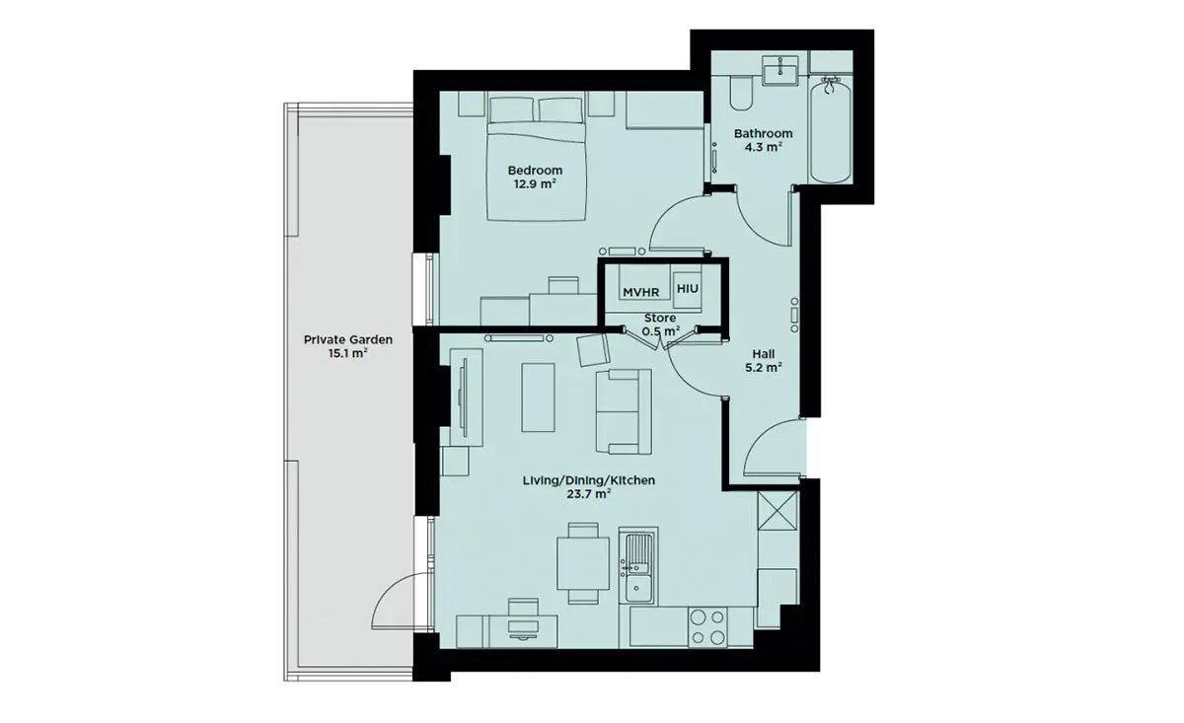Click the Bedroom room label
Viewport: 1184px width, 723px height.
click(x=535, y=171)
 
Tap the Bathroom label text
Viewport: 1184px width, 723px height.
click(x=764, y=134)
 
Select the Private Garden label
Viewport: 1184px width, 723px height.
click(x=347, y=340)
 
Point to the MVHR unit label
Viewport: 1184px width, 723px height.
click(x=640, y=292)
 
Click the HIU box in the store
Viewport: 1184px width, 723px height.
click(x=687, y=289)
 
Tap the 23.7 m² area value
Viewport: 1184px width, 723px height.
click(x=589, y=495)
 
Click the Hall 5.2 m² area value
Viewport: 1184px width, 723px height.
click(x=764, y=368)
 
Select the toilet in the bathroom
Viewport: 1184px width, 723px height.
click(x=740, y=92)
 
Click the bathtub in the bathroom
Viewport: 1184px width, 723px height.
click(x=830, y=130)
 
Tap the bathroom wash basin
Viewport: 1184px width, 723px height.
click(x=780, y=70)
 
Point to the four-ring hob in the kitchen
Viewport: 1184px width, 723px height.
click(x=707, y=627)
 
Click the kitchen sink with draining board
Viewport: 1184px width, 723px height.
click(x=638, y=566)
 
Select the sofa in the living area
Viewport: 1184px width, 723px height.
click(x=624, y=411)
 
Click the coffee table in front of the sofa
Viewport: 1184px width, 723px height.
click(x=538, y=398)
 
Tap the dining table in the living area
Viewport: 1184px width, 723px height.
click(x=583, y=564)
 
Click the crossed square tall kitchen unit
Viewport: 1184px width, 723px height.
click(x=777, y=510)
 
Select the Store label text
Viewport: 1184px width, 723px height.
click(x=660, y=319)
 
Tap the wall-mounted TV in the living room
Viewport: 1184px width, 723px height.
click(x=465, y=398)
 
